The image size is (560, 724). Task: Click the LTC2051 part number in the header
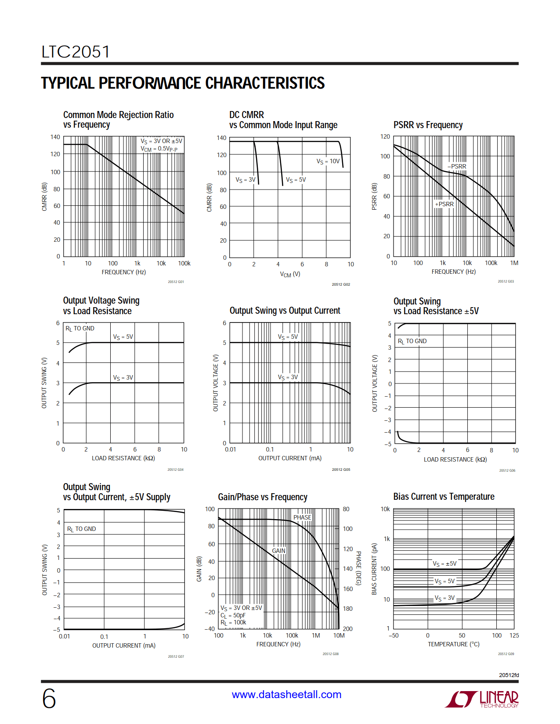[x=76, y=52]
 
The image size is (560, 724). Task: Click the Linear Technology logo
[x=482, y=699]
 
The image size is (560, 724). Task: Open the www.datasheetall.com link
[x=286, y=695]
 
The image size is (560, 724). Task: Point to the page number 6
[x=49, y=699]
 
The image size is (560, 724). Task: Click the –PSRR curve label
[x=457, y=167]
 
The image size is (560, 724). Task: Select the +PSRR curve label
[x=444, y=204]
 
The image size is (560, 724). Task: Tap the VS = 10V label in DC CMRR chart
[x=328, y=161]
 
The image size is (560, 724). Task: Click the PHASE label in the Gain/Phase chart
[x=302, y=517]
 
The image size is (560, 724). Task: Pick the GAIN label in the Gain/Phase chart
[x=278, y=551]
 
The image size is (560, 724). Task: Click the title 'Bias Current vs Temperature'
[x=444, y=497]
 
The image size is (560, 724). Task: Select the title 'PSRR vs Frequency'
[x=428, y=125]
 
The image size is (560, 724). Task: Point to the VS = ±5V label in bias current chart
[x=444, y=564]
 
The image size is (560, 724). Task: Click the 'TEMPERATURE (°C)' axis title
[x=454, y=644]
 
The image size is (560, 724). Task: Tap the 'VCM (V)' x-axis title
[x=290, y=274]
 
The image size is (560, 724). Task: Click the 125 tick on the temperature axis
[x=514, y=635]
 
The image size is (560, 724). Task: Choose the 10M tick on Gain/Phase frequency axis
[x=339, y=635]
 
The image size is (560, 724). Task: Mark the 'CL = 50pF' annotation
[x=233, y=616]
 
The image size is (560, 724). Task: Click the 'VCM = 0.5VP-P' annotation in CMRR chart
[x=159, y=149]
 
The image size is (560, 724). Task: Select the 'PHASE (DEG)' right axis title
[x=358, y=568]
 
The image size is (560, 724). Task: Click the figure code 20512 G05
[x=341, y=470]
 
